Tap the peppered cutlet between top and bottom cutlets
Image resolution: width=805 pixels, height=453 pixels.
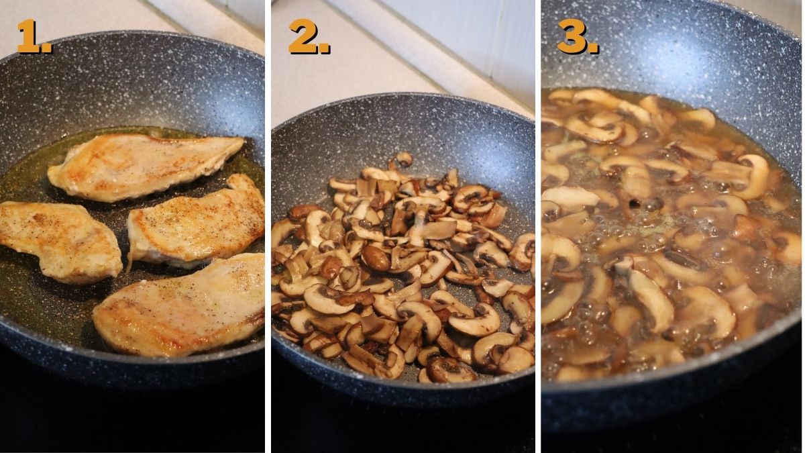[x=196, y=223]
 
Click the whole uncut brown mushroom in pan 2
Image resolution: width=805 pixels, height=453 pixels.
[x=376, y=258]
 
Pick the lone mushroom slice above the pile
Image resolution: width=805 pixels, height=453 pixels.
[x=404, y=159]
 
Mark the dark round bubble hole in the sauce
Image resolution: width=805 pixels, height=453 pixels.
[x=635, y=203]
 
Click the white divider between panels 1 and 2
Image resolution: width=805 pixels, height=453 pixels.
[x=268, y=227]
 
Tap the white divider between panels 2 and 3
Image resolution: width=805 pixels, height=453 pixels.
[x=538, y=227]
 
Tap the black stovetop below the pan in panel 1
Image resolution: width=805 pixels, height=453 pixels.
[x=132, y=421]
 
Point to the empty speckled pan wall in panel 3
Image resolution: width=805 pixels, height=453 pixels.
[x=672, y=54]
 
